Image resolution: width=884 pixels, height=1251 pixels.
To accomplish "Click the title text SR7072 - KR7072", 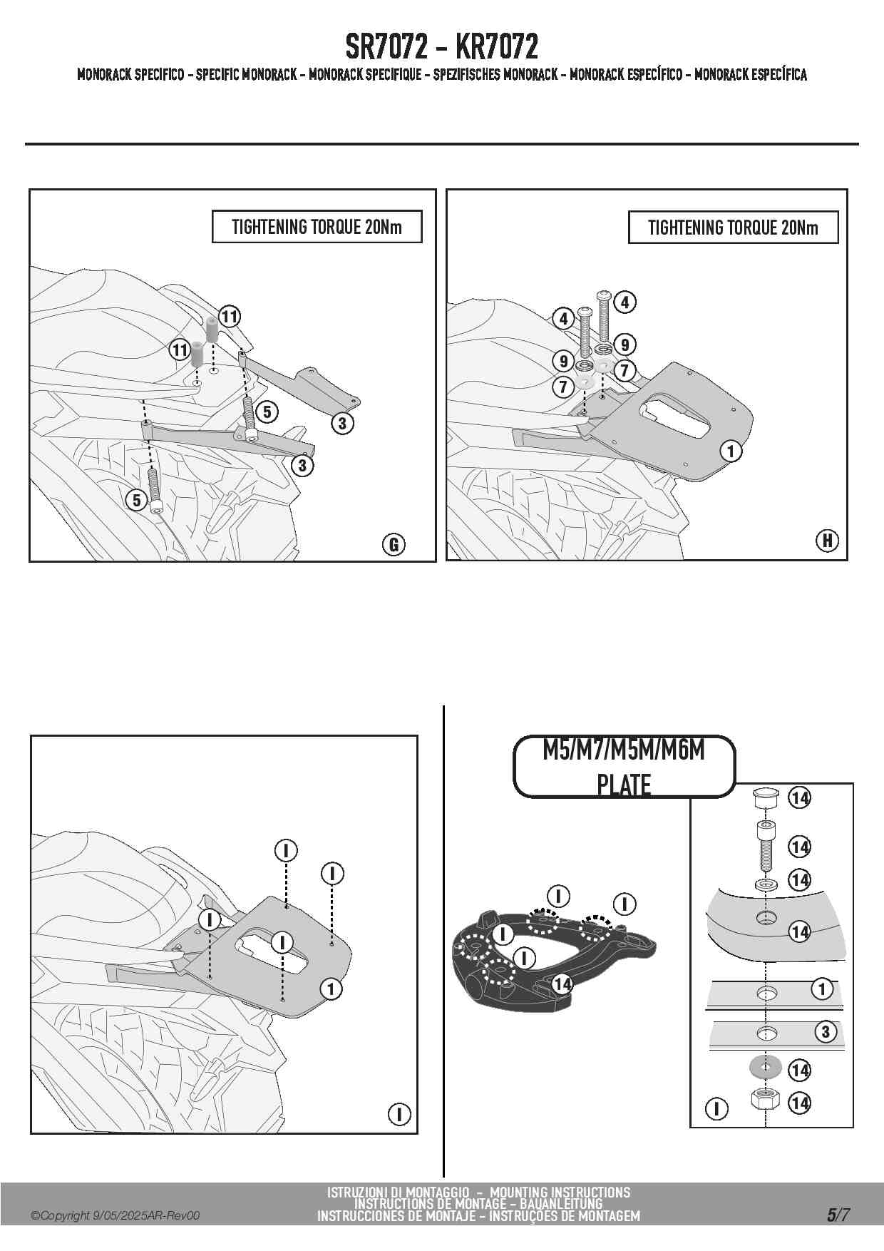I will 441,47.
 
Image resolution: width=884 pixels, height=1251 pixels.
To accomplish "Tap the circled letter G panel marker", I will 393,545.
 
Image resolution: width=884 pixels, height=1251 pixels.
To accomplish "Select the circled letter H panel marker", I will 827,541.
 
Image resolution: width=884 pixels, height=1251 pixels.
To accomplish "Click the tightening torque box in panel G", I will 317,228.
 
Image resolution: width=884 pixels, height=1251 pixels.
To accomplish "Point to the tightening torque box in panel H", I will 733,228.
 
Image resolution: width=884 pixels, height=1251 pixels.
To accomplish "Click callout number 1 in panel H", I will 731,451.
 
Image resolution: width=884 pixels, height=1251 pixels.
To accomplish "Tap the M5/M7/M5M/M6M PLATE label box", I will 624,767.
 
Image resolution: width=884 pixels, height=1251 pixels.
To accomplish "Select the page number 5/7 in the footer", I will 838,1215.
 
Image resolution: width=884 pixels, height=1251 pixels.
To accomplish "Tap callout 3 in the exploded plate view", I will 826,1031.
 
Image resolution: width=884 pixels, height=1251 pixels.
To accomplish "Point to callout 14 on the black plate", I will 562,984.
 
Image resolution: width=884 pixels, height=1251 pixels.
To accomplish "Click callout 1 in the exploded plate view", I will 822,989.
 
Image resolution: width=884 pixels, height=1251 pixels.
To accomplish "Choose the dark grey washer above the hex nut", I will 766,1069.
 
